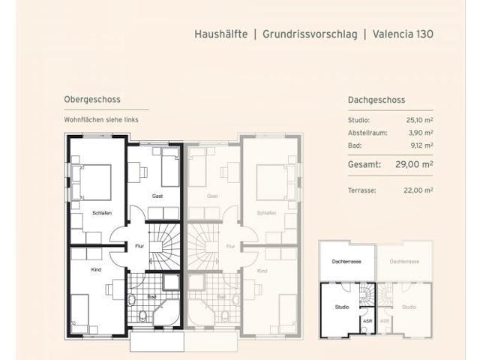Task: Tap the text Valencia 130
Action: pos(403,34)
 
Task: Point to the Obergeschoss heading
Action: pos(92,99)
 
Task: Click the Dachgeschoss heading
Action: pos(376,99)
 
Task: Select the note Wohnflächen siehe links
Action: pos(101,119)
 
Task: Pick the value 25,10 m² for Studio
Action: pos(419,119)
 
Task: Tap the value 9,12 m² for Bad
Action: pos(421,145)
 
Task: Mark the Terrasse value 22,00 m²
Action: pos(419,190)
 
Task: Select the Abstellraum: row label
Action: pos(370,132)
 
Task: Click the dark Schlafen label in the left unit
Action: pos(102,213)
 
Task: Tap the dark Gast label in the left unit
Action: pos(157,196)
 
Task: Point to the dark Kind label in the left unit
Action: pos(96,269)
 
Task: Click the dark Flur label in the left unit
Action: pos(140,244)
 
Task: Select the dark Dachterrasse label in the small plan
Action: pos(346,262)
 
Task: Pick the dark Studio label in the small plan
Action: pos(341,307)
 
